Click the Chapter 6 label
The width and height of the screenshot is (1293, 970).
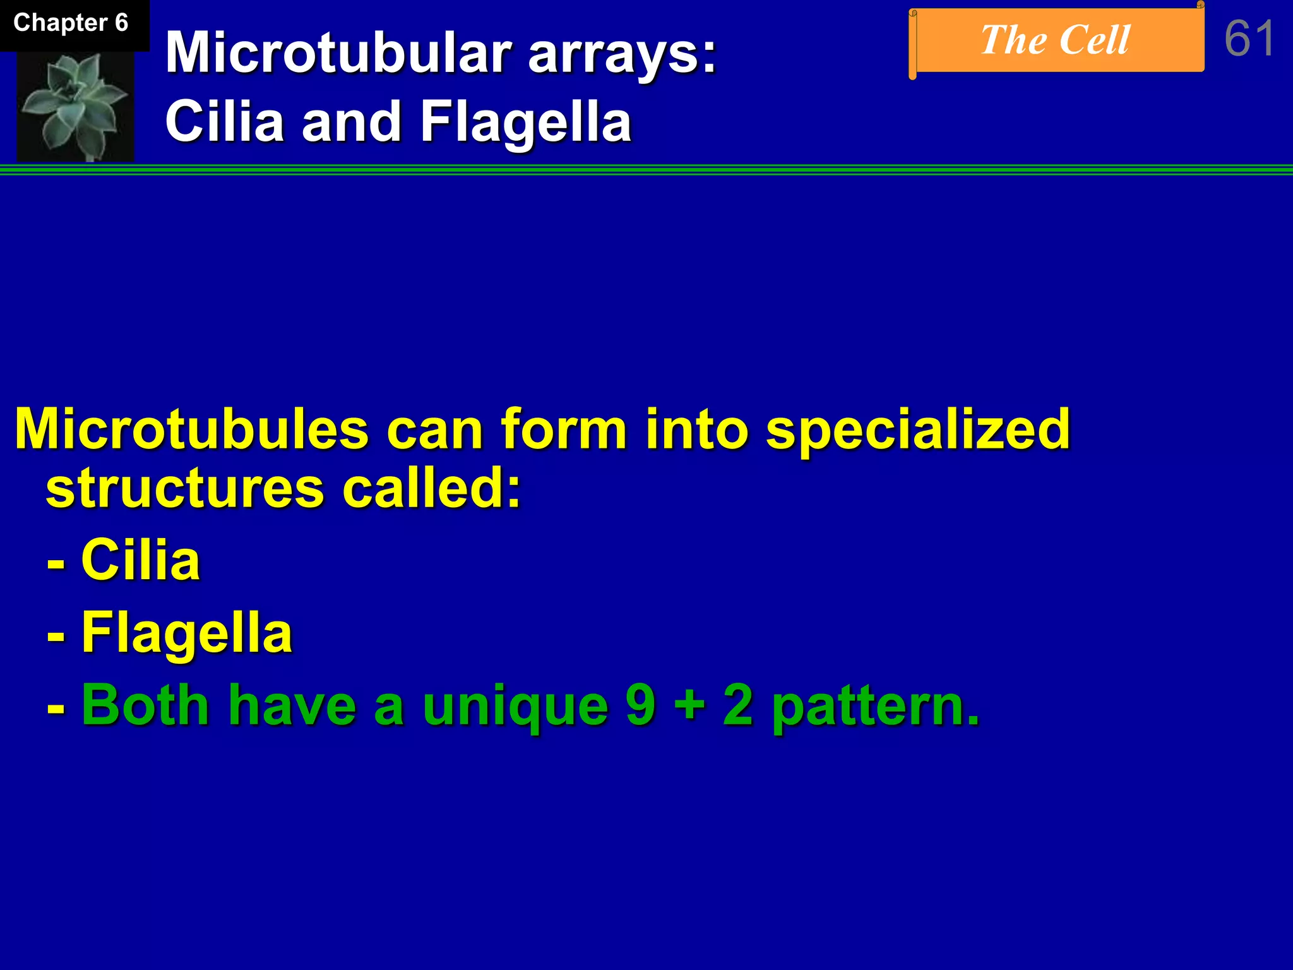click(x=71, y=23)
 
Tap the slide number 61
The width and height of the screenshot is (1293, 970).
click(x=1249, y=39)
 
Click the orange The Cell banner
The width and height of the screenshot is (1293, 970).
click(x=1056, y=41)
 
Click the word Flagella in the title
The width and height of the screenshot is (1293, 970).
click(x=525, y=122)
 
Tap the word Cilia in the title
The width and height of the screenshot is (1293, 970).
click(x=224, y=121)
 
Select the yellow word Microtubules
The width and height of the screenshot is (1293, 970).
click(x=191, y=429)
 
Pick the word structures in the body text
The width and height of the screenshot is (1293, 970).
click(x=185, y=489)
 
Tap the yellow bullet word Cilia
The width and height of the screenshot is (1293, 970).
click(x=140, y=560)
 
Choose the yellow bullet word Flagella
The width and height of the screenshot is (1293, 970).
click(x=187, y=634)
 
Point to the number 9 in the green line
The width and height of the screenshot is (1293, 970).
click(x=640, y=705)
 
